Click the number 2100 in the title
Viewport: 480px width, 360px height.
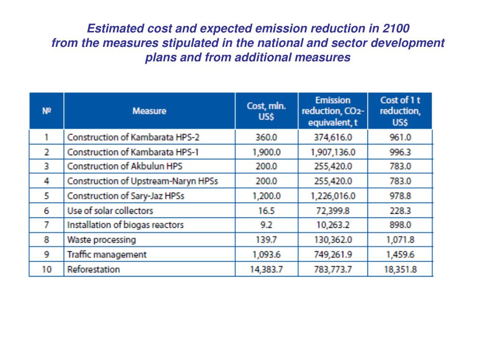[x=396, y=28]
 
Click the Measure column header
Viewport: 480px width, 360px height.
[x=149, y=111]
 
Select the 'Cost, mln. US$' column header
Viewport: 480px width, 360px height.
[x=266, y=111]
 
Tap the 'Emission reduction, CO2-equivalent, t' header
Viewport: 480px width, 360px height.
[x=332, y=111]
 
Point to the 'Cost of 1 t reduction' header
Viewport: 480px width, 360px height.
[x=400, y=111]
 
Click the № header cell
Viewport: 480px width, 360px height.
[x=46, y=111]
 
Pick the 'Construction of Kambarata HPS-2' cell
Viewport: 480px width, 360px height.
[x=123, y=137]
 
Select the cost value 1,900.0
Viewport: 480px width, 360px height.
[x=266, y=152]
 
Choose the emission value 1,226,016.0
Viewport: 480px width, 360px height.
[x=333, y=196]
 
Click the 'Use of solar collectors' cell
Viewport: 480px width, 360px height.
[x=110, y=211]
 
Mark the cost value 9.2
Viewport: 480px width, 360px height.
[x=266, y=225]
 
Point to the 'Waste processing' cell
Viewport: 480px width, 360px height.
[x=102, y=240]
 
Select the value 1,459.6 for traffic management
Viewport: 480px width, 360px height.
[x=400, y=255]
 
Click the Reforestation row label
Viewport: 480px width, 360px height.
[x=94, y=270]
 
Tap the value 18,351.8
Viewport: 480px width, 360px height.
[x=400, y=270]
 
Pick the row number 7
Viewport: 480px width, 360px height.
[x=46, y=225]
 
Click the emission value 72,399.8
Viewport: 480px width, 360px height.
[x=333, y=211]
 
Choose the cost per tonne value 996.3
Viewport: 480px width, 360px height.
[x=400, y=152]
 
